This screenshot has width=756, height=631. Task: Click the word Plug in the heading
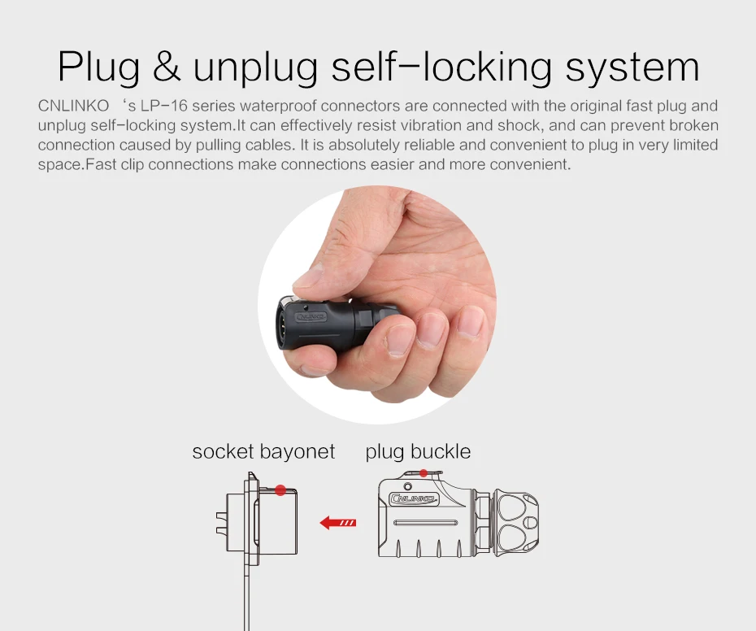coord(99,67)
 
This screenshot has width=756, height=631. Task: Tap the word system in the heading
coord(632,68)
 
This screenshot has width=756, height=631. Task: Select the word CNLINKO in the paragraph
coord(73,106)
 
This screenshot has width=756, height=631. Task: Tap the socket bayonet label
coord(263,451)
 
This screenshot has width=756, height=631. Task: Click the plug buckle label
coord(418,451)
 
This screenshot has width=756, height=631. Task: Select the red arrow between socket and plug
coord(338,523)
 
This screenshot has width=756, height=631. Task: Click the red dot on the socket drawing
coord(280,490)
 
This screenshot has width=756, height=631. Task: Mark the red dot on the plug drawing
coord(424,473)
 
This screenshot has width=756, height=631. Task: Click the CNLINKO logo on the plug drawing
coord(414,498)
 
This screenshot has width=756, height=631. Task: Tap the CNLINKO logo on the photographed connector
coord(312,317)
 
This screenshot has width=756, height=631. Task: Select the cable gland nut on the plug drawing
coord(515,524)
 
